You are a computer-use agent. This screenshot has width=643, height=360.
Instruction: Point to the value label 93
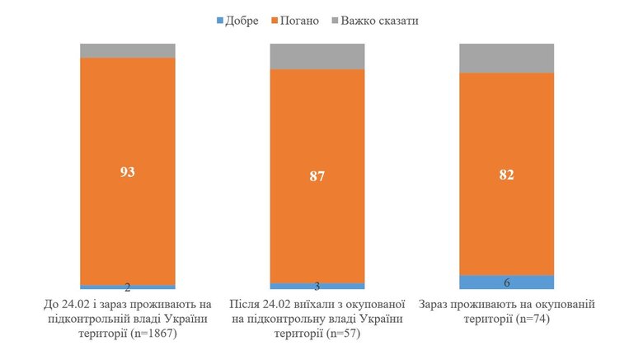pyautogui.click(x=127, y=172)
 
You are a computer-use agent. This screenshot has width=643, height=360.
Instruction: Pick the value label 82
pyautogui.click(x=506, y=175)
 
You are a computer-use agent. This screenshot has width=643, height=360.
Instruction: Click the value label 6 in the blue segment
pyautogui.click(x=506, y=283)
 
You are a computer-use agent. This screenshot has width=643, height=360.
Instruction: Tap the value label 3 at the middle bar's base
pyautogui.click(x=317, y=286)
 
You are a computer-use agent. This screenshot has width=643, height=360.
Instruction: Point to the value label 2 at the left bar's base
pyautogui.click(x=127, y=288)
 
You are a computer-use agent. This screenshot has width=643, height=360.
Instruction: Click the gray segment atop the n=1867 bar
pyautogui.click(x=127, y=50)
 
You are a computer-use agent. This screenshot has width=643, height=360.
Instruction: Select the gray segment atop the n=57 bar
pyautogui.click(x=317, y=56)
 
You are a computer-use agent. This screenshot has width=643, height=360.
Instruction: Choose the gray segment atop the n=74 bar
pyautogui.click(x=506, y=58)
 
